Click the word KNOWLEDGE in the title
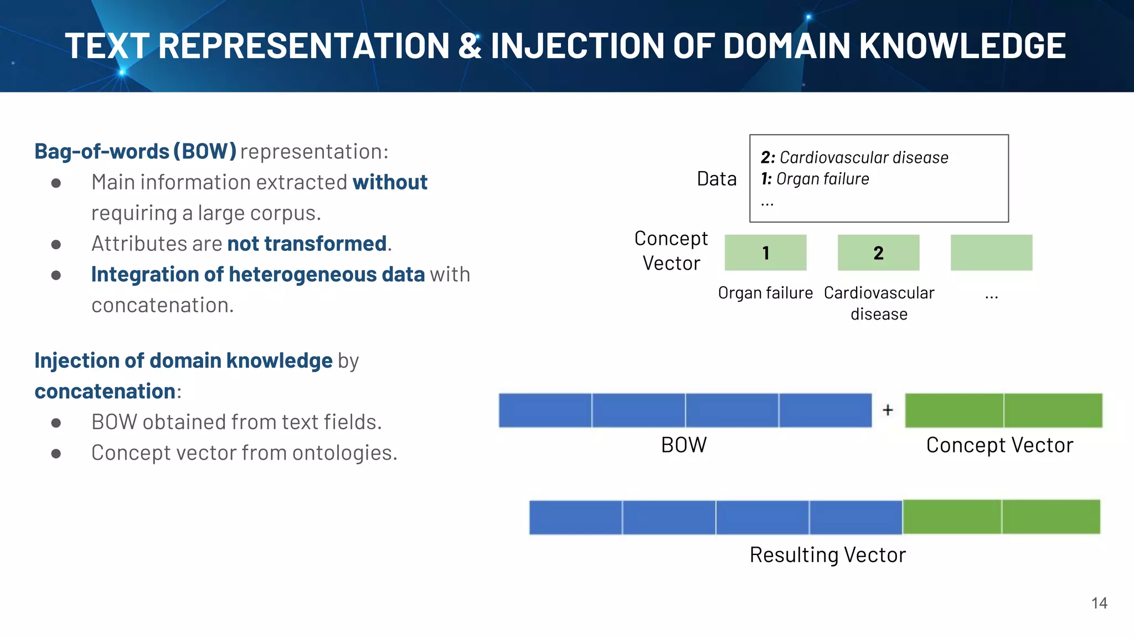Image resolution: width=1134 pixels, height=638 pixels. (962, 45)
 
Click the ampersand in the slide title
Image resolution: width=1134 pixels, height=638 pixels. (470, 45)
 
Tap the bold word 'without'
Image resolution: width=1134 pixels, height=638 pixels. (390, 182)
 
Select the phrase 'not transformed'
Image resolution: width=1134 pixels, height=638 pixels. (307, 244)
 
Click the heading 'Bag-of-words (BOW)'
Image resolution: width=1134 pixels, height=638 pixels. (136, 151)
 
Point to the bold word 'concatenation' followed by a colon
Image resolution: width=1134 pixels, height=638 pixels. (105, 392)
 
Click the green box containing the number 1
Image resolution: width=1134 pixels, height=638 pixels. (765, 253)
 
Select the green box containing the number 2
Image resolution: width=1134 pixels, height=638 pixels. (878, 253)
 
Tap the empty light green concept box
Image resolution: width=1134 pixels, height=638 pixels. (991, 253)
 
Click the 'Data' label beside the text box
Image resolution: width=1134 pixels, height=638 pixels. (717, 179)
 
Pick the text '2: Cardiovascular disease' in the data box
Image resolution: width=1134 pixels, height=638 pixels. (854, 158)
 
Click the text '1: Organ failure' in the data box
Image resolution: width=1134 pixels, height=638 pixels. (815, 179)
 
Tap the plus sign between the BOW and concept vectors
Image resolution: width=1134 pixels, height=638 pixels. (888, 410)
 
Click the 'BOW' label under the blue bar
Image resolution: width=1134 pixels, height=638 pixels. (684, 445)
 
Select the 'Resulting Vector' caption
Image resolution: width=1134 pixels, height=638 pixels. (827, 555)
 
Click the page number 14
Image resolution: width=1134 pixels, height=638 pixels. (1099, 603)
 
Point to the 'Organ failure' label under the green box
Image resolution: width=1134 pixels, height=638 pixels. (765, 293)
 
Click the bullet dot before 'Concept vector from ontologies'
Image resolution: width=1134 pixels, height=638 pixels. (56, 454)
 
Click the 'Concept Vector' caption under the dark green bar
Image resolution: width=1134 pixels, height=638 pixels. (999, 445)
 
